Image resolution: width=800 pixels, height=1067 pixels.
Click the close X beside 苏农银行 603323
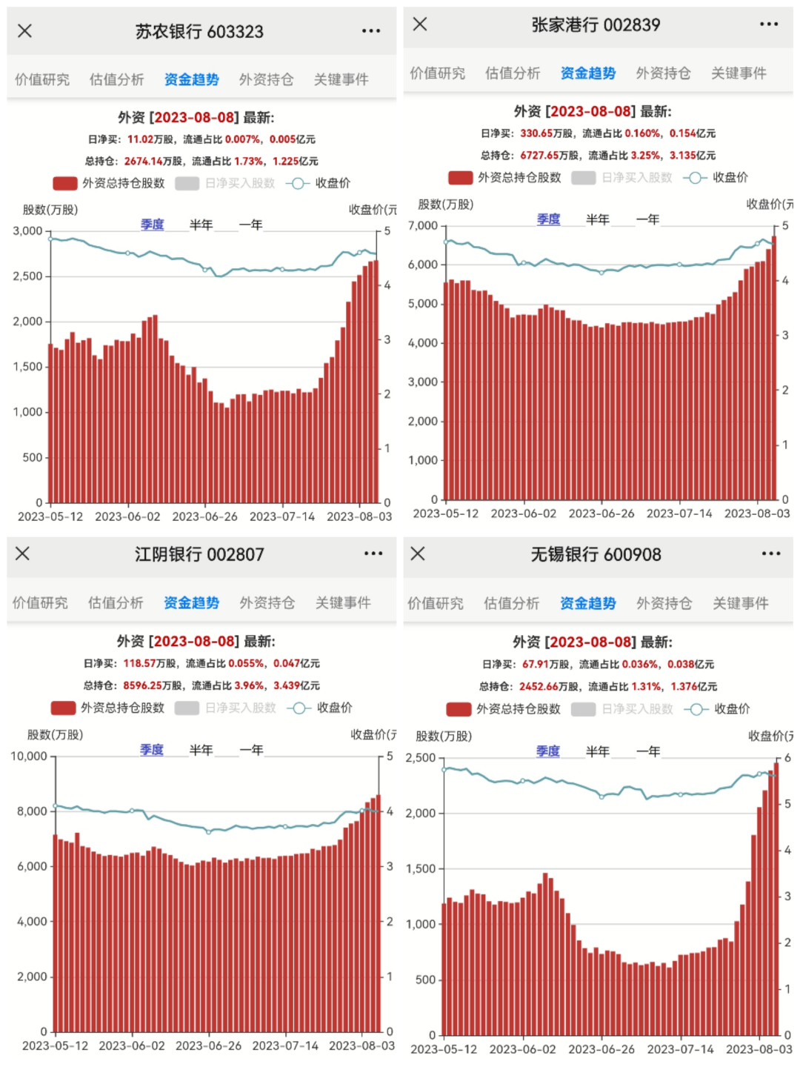pyautogui.click(x=24, y=30)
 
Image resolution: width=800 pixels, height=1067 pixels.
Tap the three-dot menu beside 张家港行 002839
pyautogui.click(x=769, y=24)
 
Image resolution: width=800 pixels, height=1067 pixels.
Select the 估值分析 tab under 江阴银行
pyautogui.click(x=116, y=602)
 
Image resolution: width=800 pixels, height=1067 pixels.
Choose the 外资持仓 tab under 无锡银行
pyautogui.click(x=664, y=603)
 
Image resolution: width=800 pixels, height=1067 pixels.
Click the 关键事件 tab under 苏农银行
pyautogui.click(x=341, y=79)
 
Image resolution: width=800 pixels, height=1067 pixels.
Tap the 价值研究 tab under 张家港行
pyautogui.click(x=438, y=73)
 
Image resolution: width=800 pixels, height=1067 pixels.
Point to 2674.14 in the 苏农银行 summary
pyautogui.click(x=143, y=161)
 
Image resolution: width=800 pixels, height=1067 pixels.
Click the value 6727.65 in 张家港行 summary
pyautogui.click(x=539, y=155)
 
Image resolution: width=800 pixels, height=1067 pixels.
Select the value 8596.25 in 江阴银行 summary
pyautogui.click(x=142, y=685)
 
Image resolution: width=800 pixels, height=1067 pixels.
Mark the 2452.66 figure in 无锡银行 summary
pyautogui.click(x=539, y=686)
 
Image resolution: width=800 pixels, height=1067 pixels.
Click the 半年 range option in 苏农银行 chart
pyautogui.click(x=201, y=225)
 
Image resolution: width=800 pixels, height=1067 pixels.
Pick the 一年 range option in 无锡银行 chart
pyautogui.click(x=648, y=751)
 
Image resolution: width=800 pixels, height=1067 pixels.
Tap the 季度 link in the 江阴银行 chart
pyautogui.click(x=152, y=750)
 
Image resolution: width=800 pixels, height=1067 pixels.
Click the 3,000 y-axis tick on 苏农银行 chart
pyautogui.click(x=27, y=231)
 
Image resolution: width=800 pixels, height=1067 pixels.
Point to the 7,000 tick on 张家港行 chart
pyautogui.click(x=423, y=225)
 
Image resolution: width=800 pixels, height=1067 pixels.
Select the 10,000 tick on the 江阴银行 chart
pyautogui.click(x=29, y=757)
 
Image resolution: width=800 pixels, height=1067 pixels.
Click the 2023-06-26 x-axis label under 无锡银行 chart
pyautogui.click(x=601, y=1049)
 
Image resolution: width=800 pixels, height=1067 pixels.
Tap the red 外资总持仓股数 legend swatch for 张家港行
pyautogui.click(x=461, y=178)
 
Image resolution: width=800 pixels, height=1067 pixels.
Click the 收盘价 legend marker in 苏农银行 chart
pyautogui.click(x=297, y=183)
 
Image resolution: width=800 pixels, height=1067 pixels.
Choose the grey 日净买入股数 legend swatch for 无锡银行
pyautogui.click(x=583, y=709)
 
